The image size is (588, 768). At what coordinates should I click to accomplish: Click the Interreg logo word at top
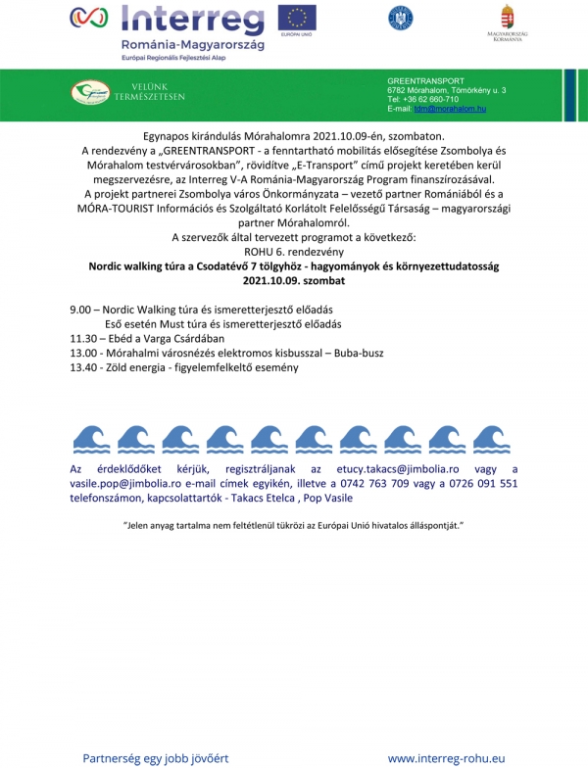coord(191,20)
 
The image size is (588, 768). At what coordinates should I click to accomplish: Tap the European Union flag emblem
coord(296,18)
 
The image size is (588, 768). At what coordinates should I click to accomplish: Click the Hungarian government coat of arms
coord(508,18)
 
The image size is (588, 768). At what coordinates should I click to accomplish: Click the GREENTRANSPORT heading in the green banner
coord(426,80)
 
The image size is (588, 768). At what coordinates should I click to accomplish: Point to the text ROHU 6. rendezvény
coord(294,252)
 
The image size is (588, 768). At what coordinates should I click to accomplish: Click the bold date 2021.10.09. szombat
coord(294,280)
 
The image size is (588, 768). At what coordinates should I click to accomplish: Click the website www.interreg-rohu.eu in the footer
coord(447,757)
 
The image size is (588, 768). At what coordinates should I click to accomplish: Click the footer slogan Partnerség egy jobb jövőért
coord(155,757)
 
